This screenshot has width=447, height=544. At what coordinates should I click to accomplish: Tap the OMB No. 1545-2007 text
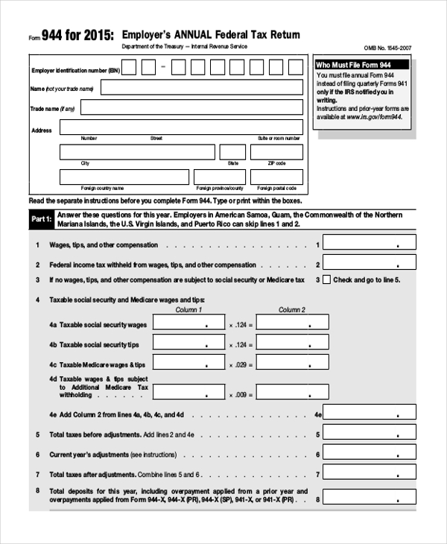[387, 48]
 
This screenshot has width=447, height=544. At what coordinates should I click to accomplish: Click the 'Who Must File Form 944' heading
[354, 66]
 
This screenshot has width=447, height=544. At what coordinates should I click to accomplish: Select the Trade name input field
[191, 108]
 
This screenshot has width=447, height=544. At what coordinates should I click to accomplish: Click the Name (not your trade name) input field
[201, 88]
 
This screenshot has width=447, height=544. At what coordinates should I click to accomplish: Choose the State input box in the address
[233, 152]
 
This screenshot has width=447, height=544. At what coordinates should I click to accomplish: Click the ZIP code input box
[276, 152]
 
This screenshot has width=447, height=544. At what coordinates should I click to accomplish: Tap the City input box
[138, 152]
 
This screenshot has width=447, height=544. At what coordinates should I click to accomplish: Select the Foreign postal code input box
[276, 177]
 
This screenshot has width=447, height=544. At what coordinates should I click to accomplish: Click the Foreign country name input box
[124, 177]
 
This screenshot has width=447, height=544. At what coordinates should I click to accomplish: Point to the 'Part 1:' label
[41, 220]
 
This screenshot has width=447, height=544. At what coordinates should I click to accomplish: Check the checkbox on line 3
[326, 280]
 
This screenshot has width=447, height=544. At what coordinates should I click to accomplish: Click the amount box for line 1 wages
[369, 242]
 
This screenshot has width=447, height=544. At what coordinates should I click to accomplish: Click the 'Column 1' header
[188, 310]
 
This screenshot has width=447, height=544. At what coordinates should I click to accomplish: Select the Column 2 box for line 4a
[291, 323]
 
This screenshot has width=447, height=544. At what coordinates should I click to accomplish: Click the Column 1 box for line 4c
[188, 363]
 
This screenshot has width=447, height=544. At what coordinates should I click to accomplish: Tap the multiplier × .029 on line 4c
[241, 364]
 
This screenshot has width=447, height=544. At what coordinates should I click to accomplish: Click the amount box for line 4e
[369, 413]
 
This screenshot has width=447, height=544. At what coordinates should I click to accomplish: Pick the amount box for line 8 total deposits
[369, 498]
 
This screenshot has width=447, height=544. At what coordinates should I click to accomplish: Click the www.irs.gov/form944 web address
[375, 117]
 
